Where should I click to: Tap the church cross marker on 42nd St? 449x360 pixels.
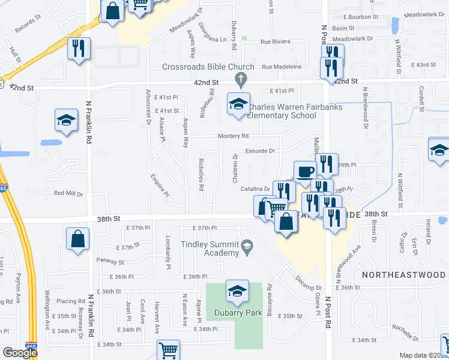point(241,78)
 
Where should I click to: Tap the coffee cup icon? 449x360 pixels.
point(304,171)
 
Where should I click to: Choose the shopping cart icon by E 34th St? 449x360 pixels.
point(169,350)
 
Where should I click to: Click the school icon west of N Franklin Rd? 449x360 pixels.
point(66,119)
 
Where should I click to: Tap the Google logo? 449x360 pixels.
point(19,353)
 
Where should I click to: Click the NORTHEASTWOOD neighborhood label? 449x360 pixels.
point(403,274)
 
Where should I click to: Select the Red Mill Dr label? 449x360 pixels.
point(68,193)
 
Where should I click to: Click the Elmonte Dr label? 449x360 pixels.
point(259,151)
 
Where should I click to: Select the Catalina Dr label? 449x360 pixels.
point(255,189)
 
